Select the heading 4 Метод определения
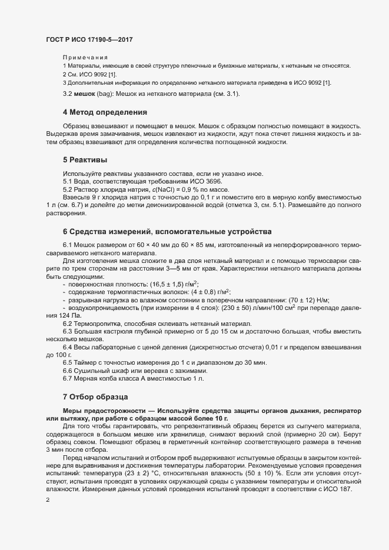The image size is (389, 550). click(x=105, y=112)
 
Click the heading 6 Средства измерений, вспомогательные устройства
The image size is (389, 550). click(x=151, y=231)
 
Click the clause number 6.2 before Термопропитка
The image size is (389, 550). click(x=67, y=324)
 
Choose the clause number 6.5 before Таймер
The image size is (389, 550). click(x=67, y=362)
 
